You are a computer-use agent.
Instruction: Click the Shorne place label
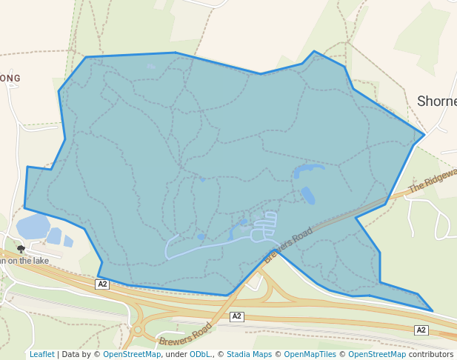[437, 101]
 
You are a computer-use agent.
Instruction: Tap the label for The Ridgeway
[433, 180]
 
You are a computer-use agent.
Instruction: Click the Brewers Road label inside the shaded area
[288, 245]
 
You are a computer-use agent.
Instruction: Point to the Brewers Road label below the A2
[185, 334]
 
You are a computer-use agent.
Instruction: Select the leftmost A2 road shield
[102, 284]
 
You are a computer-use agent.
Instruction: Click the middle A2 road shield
[236, 316]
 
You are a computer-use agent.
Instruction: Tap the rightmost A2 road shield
[421, 330]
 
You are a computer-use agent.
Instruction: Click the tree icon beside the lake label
[21, 250]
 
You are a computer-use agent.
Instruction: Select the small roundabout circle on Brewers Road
[138, 330]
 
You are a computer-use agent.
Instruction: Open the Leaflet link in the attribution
[41, 354]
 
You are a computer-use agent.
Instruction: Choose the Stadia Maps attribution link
[249, 354]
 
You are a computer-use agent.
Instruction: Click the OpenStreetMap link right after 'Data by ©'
[132, 354]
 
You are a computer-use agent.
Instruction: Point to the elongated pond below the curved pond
[308, 196]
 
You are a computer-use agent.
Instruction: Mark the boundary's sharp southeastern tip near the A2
[432, 310]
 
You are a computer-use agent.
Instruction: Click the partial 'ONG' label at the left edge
[10, 78]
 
